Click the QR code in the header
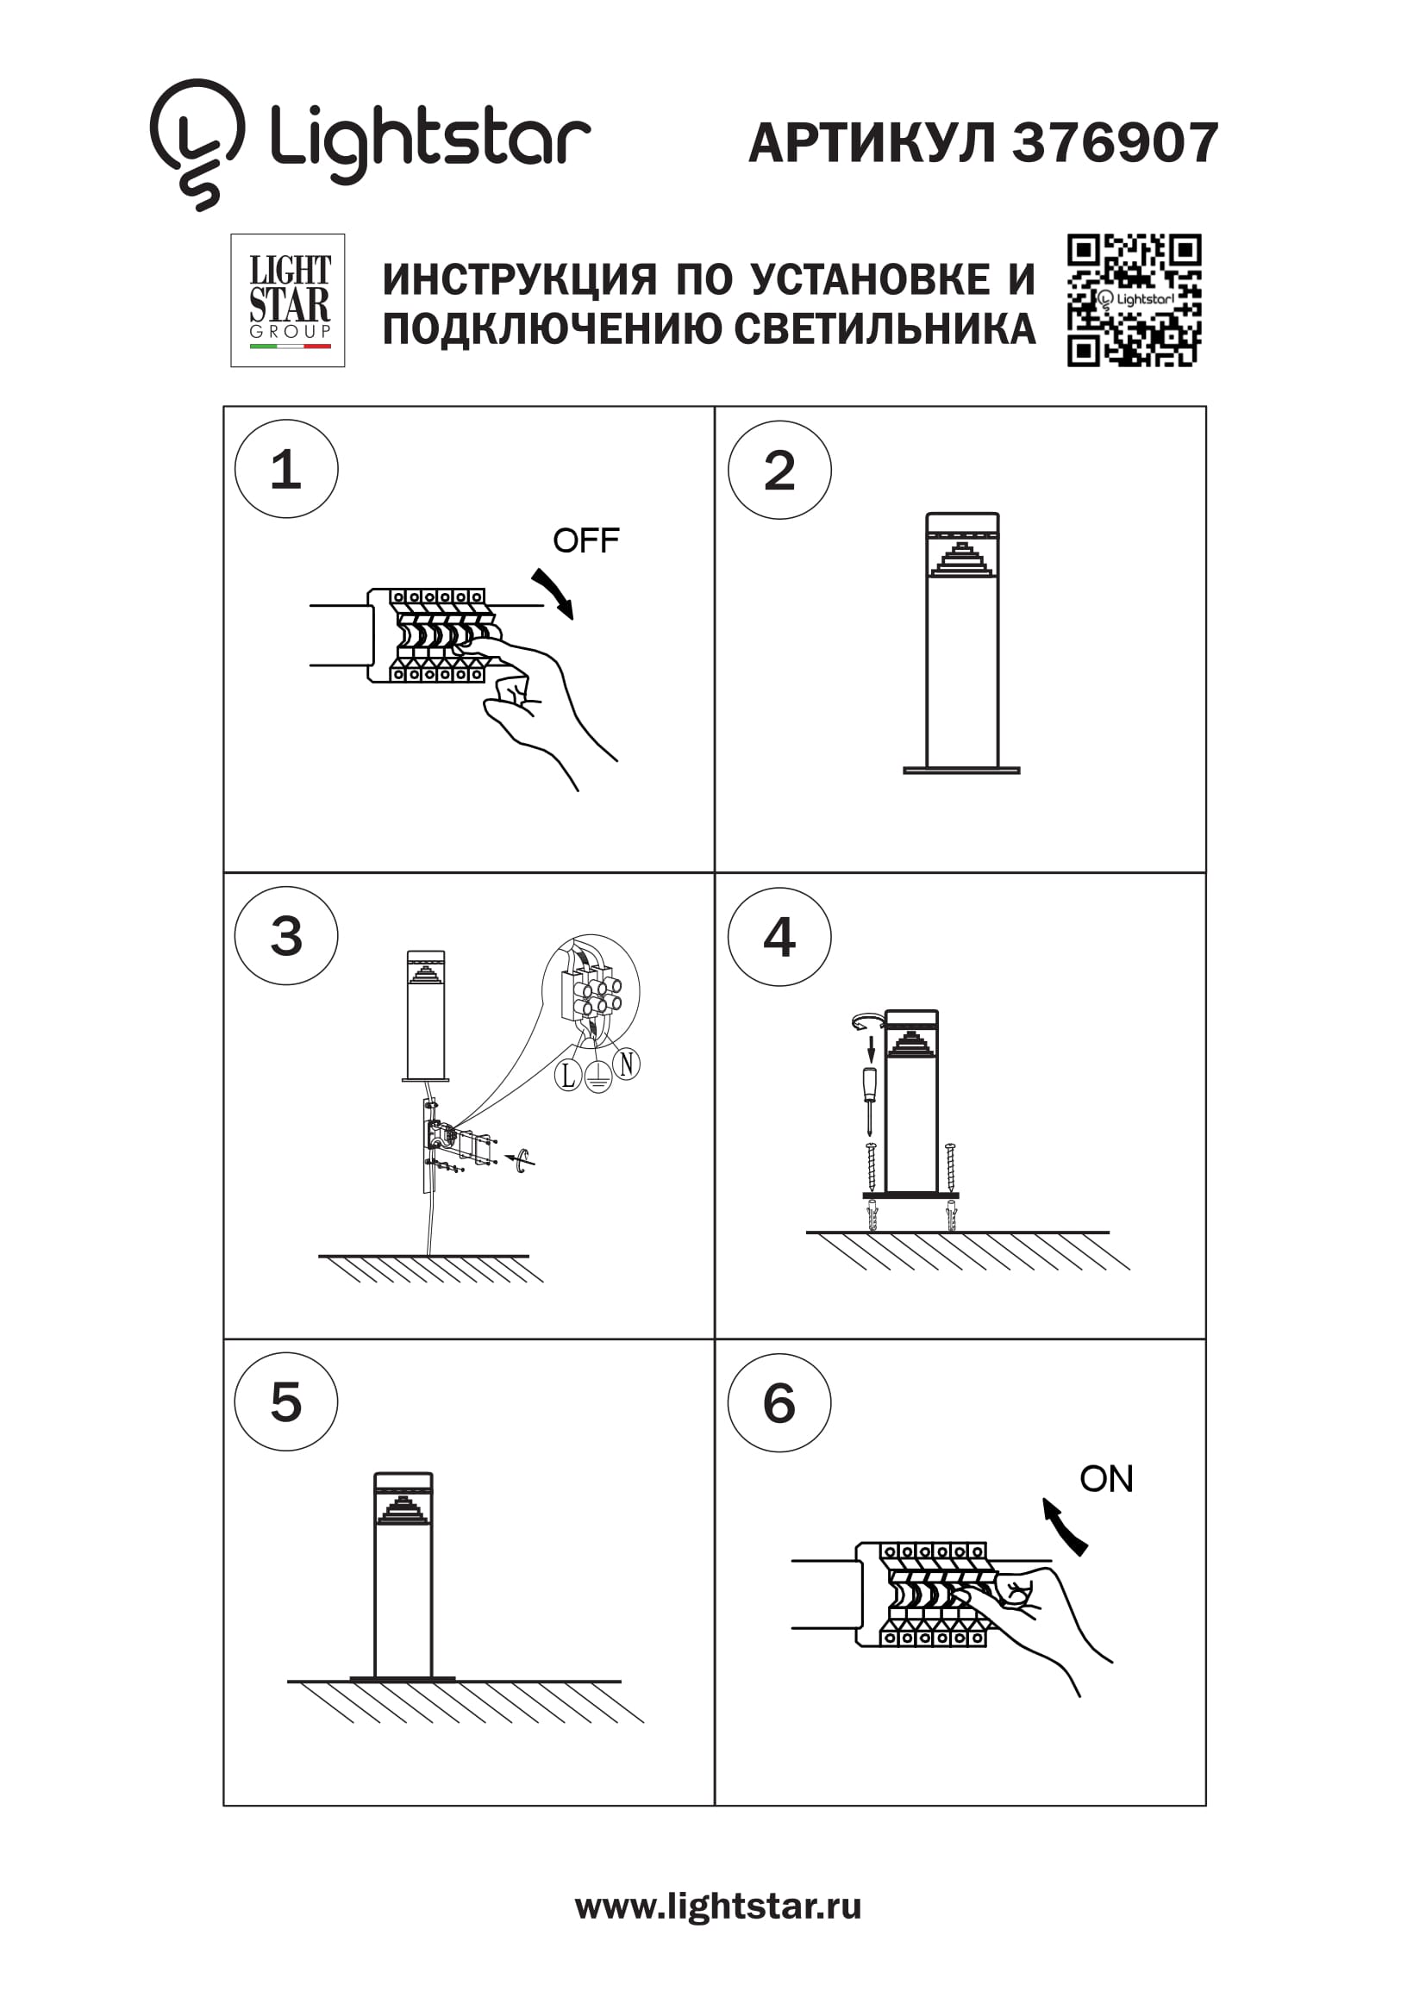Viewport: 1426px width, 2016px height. point(1134,300)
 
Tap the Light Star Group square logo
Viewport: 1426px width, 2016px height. point(287,300)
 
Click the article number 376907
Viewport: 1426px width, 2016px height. point(1115,142)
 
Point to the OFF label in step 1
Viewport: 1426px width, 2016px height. point(585,541)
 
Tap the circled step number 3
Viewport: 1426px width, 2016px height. point(286,936)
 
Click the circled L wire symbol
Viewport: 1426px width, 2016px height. point(568,1076)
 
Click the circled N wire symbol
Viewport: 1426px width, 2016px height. point(626,1064)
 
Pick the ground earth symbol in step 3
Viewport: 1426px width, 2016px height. point(598,1077)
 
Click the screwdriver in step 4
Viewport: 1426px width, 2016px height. point(869,1096)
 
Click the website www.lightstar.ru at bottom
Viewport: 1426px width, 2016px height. point(717,1907)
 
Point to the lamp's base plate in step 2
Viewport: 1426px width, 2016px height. point(961,771)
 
